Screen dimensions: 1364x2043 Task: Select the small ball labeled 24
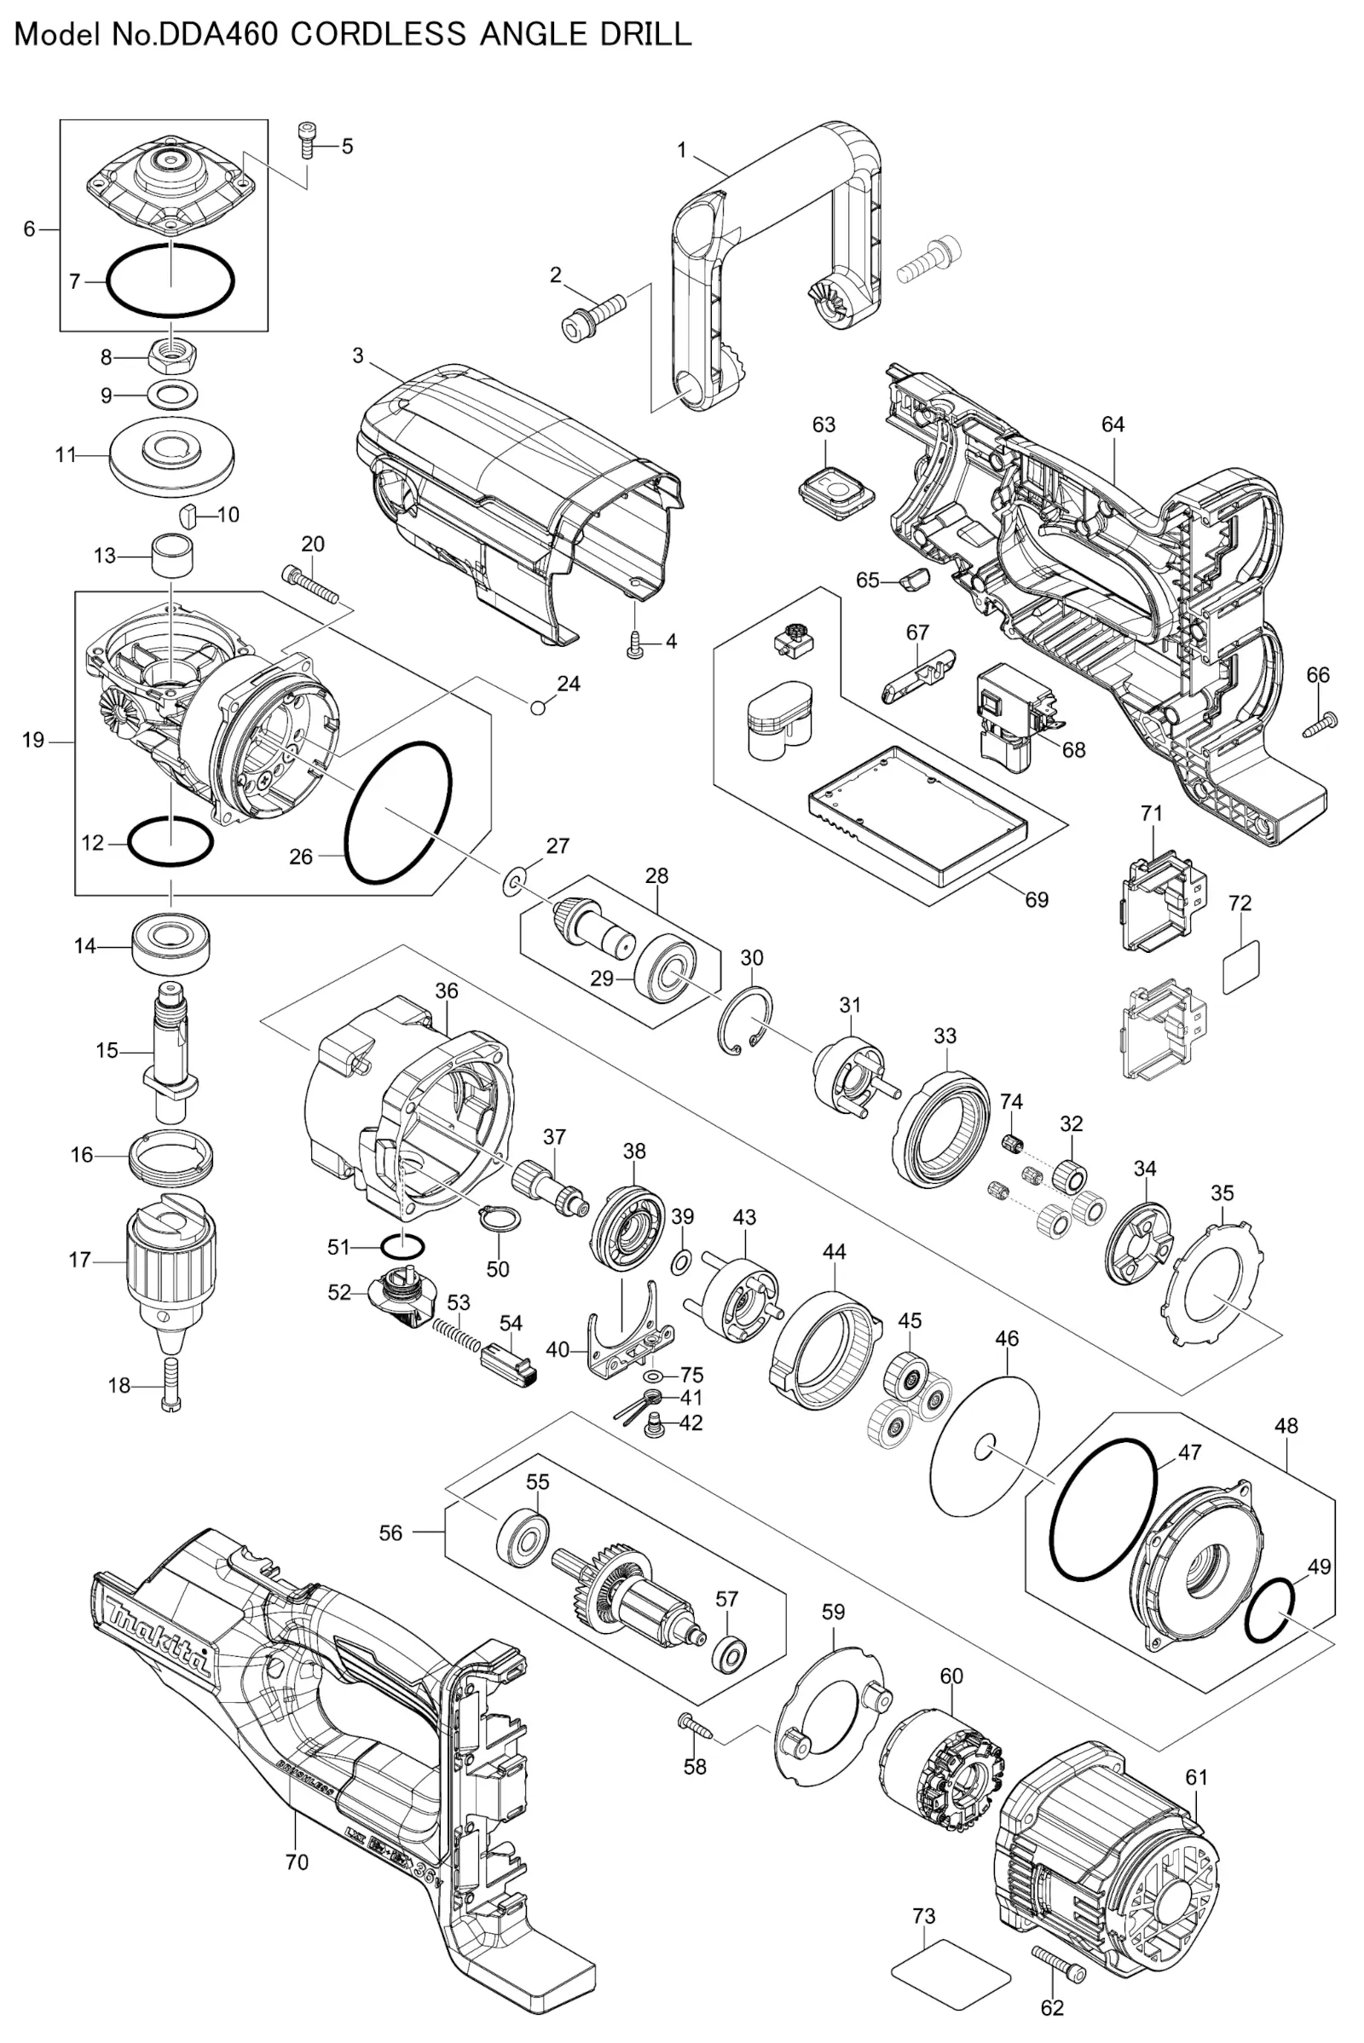point(538,707)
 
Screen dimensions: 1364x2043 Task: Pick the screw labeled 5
point(305,139)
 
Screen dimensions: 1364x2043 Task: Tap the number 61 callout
point(1197,1777)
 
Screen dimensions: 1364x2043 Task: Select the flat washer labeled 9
point(172,394)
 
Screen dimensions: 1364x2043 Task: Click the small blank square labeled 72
point(1241,967)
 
